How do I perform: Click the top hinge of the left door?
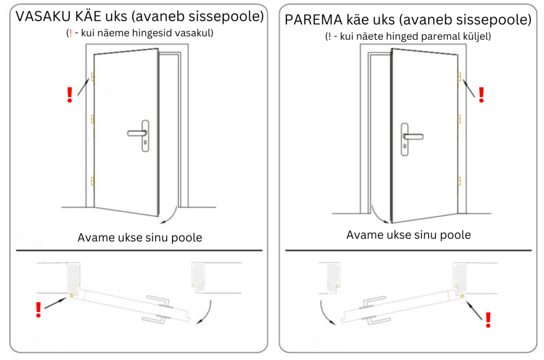93,78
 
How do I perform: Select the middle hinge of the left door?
93,119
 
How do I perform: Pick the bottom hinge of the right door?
459,183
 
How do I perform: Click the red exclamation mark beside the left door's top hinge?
69,95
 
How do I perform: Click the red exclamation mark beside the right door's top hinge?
481,95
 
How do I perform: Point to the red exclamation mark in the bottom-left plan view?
38,310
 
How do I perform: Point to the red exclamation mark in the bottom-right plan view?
488,319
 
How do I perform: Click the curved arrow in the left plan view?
206,313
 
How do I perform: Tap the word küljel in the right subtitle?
477,37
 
